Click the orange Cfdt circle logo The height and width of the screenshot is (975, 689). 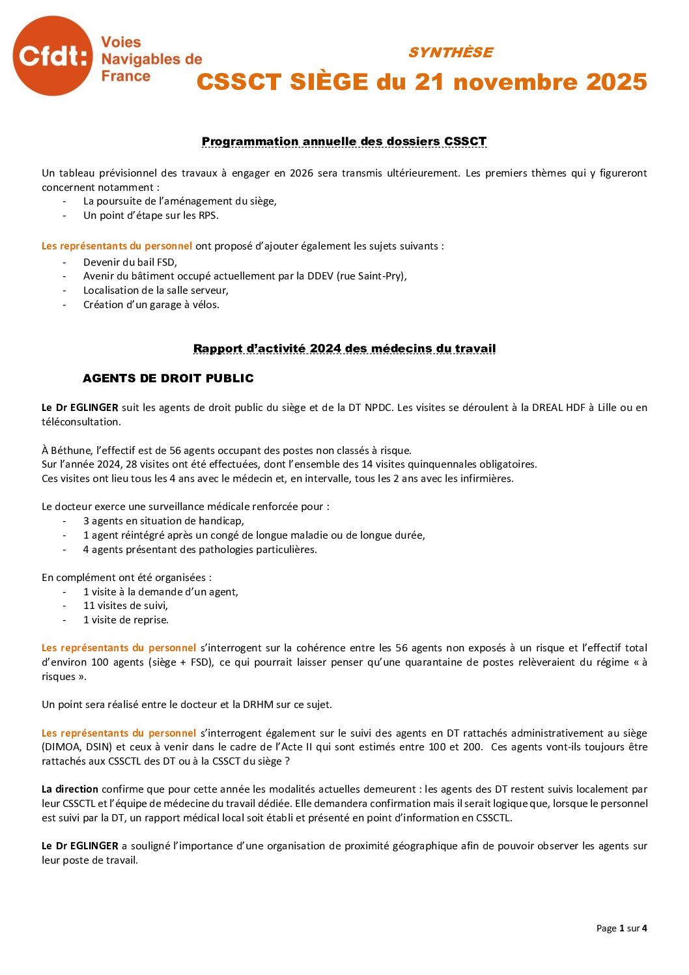click(x=52, y=56)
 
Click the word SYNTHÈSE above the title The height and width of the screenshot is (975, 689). click(x=450, y=53)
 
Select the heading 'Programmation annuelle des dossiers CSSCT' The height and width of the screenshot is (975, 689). click(x=344, y=141)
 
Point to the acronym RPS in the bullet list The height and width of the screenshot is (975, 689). click(x=208, y=216)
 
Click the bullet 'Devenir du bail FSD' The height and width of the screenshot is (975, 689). click(x=130, y=262)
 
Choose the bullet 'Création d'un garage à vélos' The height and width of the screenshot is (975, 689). click(x=151, y=305)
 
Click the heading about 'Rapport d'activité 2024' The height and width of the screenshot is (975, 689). click(x=344, y=348)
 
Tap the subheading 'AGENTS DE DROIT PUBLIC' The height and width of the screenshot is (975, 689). click(x=168, y=378)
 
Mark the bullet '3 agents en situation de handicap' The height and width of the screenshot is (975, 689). click(x=163, y=521)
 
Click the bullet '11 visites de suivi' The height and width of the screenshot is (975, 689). click(x=125, y=606)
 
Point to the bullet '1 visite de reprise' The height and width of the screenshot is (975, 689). click(x=126, y=620)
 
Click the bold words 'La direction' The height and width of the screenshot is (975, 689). click(x=70, y=789)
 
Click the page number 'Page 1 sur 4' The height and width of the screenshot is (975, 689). click(x=621, y=928)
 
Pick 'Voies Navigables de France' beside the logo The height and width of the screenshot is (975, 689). click(x=151, y=59)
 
